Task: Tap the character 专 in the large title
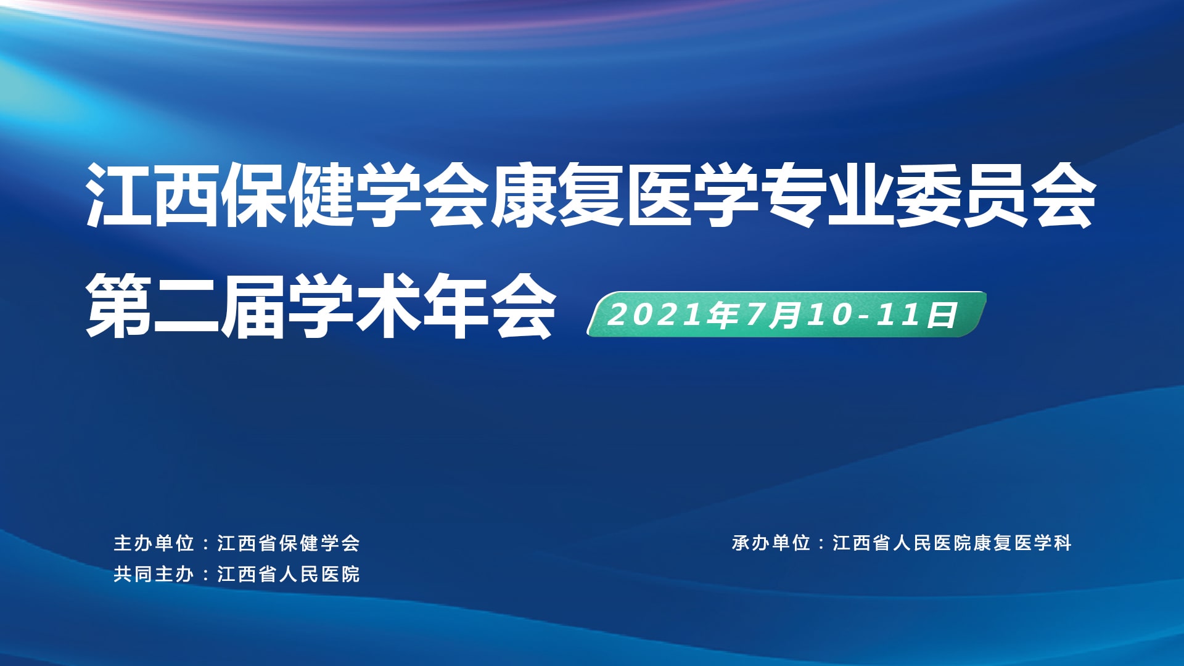pos(793,194)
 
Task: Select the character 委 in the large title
pos(929,194)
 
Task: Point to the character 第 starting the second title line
pos(118,306)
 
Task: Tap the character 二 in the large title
pos(186,306)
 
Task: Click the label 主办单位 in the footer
pos(154,543)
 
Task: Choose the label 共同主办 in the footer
pos(154,574)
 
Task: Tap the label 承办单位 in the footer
pos(771,543)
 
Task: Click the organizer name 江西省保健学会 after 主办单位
pos(289,543)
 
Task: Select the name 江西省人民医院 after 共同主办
pos(289,574)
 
